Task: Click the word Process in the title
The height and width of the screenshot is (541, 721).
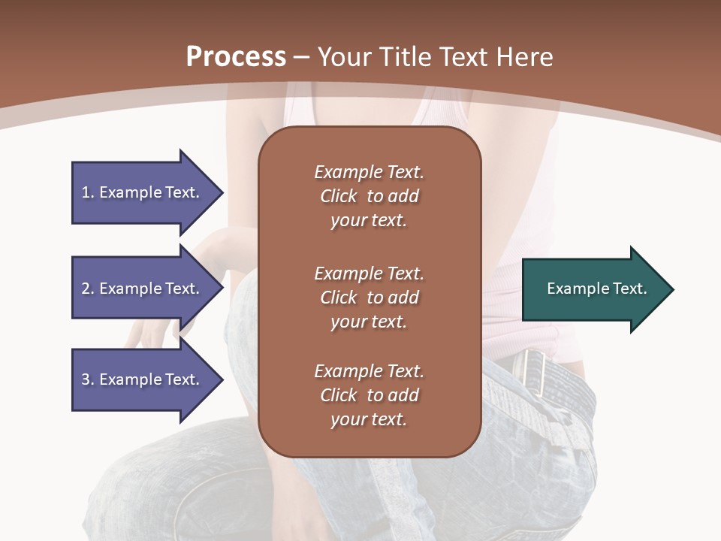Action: (x=236, y=56)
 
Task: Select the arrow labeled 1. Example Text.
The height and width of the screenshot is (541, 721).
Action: (x=143, y=192)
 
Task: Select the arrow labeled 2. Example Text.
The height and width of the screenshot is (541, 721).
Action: (x=143, y=289)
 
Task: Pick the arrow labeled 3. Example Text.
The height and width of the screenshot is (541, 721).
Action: (x=143, y=379)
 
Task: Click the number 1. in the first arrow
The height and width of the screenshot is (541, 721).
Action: (x=88, y=192)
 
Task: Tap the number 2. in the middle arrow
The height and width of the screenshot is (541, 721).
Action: (x=88, y=289)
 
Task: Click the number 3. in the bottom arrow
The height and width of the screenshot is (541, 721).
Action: (x=88, y=379)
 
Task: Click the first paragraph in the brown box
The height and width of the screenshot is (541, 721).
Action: (x=369, y=196)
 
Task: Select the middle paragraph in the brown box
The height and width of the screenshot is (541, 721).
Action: (x=369, y=297)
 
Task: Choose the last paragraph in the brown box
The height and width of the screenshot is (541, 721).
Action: (x=369, y=395)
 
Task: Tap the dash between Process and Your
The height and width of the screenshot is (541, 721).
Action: (x=302, y=58)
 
